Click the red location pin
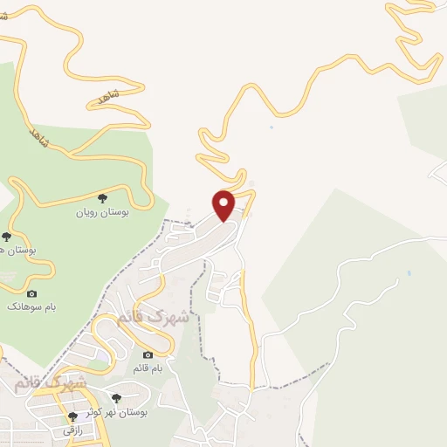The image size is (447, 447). (224, 205)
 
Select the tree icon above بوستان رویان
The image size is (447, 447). (103, 198)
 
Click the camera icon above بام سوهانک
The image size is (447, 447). (32, 293)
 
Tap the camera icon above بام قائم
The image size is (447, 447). (148, 355)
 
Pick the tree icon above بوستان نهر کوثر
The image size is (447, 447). (117, 398)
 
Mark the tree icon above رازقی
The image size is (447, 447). (73, 416)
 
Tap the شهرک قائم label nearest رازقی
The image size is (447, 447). (51, 383)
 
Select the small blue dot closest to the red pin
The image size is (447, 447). (272, 129)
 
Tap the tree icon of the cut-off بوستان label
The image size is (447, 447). (7, 236)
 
